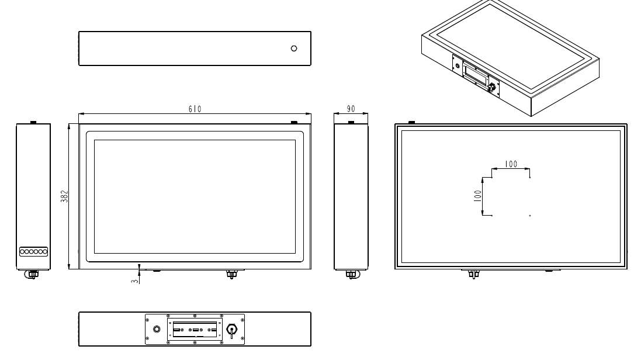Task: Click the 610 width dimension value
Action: pyautogui.click(x=195, y=109)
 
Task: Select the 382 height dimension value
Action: pyautogui.click(x=65, y=196)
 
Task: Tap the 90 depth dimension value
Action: pyautogui.click(x=351, y=109)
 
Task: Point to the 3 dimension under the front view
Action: pyautogui.click(x=134, y=281)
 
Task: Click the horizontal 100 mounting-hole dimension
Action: pyautogui.click(x=511, y=164)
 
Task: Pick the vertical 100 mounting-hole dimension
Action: pyautogui.click(x=477, y=196)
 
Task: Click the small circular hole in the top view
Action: pyautogui.click(x=294, y=48)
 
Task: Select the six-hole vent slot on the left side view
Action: pyautogui.click(x=33, y=252)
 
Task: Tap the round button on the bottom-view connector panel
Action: pyautogui.click(x=156, y=329)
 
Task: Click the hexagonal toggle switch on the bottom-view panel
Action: pyautogui.click(x=231, y=330)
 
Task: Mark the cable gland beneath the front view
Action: pyautogui.click(x=231, y=274)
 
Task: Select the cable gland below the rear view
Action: pyautogui.click(x=474, y=274)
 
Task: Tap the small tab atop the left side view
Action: pyautogui.click(x=33, y=122)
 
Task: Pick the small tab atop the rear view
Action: pyautogui.click(x=411, y=122)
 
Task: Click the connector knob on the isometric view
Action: pyautogui.click(x=492, y=88)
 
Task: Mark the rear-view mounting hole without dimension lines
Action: pyautogui.click(x=530, y=216)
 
